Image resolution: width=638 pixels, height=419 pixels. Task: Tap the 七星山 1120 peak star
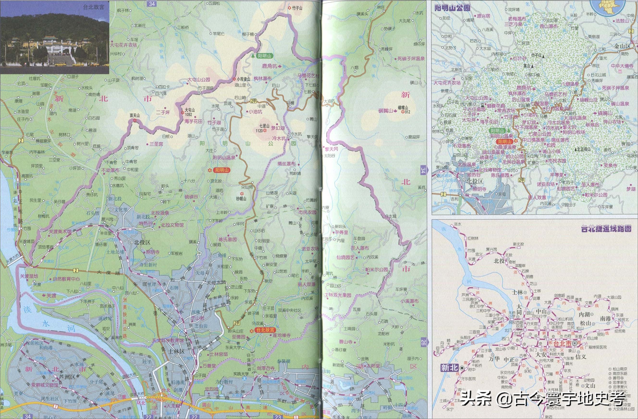265,131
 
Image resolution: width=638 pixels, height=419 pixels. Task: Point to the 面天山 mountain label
135,116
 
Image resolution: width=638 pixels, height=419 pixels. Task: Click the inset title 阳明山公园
452,8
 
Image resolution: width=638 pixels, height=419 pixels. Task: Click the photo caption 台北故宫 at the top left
93,7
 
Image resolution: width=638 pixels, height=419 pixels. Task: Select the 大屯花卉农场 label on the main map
123,45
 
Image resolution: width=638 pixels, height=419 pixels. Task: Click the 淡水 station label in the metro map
458,224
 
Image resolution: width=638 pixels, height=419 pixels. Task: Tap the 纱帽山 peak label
241,199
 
